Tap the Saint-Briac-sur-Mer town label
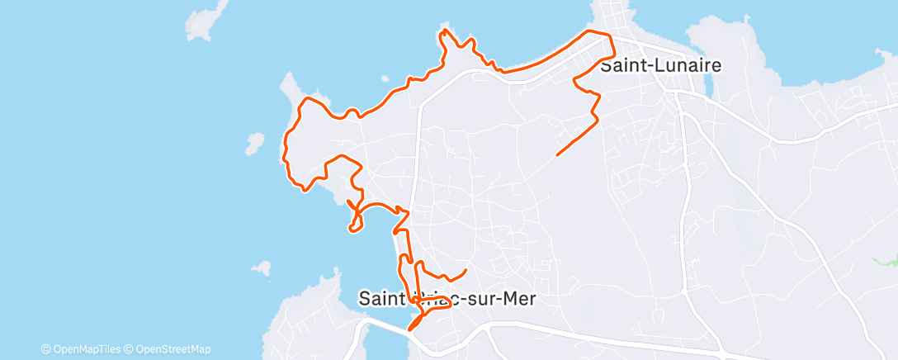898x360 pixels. point(447,299)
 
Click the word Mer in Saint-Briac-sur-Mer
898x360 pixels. point(518,299)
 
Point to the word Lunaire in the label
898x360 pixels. point(683,65)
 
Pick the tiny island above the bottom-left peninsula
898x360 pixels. point(262,268)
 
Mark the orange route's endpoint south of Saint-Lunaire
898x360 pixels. point(558,154)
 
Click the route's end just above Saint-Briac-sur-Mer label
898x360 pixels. point(466,270)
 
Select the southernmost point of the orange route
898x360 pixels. point(410,329)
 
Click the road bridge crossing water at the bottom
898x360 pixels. point(388,329)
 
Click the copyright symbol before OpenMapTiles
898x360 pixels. point(45,348)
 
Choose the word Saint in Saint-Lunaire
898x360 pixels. point(622,65)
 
